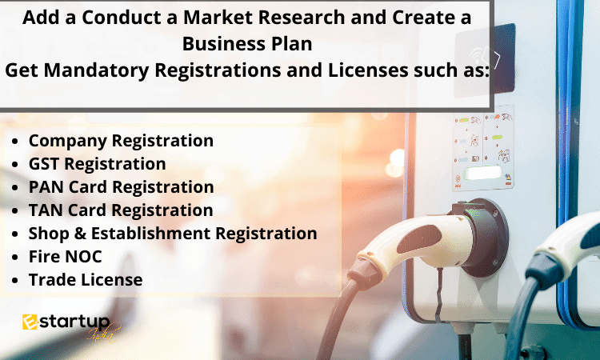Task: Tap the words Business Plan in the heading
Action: pos(247,44)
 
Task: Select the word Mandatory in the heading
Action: pos(96,70)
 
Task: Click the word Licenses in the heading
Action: pos(368,70)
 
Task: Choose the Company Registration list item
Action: pos(121,142)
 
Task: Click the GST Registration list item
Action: pos(97,165)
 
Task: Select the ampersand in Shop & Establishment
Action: pos(80,234)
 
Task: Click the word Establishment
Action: pos(150,234)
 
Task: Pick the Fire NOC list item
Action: pos(65,257)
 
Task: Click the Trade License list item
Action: pos(86,280)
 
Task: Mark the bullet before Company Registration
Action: pos(15,141)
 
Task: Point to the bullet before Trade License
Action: pos(15,281)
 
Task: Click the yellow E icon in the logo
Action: pos(30,322)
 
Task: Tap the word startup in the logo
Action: pos(74,322)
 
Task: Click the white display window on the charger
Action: pos(482,173)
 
